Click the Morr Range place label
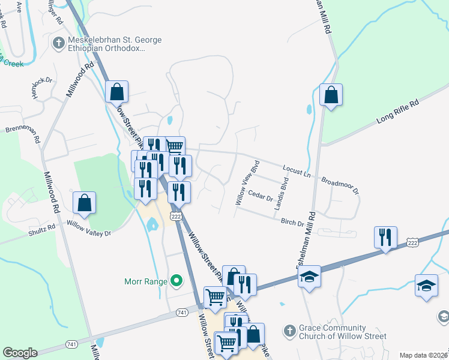click(145, 280)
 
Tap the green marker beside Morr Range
click(176, 280)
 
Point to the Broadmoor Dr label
click(340, 185)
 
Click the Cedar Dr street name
click(261, 196)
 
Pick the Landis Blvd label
click(278, 194)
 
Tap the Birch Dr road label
click(292, 222)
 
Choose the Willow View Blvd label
click(247, 183)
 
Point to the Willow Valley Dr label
click(89, 229)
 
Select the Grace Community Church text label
click(333, 332)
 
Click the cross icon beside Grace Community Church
click(289, 331)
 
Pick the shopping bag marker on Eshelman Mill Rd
click(331, 95)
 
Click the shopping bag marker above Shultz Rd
click(84, 203)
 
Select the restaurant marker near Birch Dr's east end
click(385, 238)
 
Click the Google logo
click(20, 353)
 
